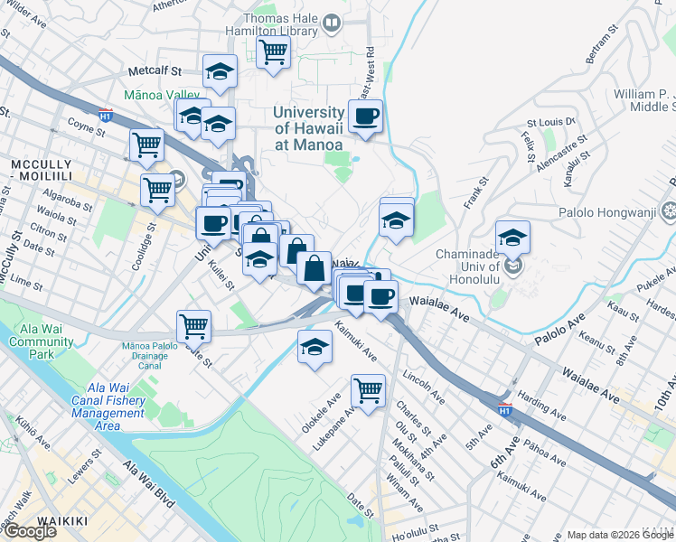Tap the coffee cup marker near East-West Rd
pos(365,117)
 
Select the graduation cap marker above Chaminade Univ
pos(512,238)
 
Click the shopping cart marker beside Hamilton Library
pos(272,51)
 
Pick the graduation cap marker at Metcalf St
pos(220,72)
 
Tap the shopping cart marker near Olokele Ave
pos(368,391)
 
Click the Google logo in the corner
pos(29,531)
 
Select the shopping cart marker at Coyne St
pos(146,145)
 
